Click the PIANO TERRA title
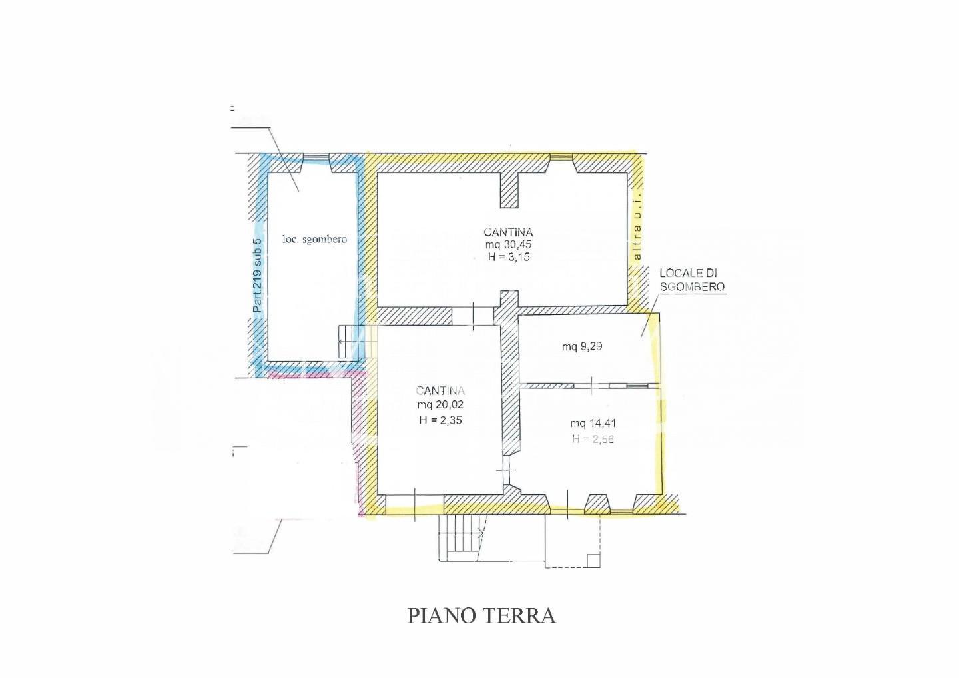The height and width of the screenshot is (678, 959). click(x=481, y=616)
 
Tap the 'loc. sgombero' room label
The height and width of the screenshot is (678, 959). click(x=314, y=239)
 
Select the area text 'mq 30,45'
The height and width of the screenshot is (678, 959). click(x=508, y=245)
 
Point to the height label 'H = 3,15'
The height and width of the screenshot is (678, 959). click(x=509, y=257)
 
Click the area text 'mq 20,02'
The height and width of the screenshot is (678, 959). click(x=440, y=404)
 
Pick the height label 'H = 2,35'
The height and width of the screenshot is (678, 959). click(x=441, y=420)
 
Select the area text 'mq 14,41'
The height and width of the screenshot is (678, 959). click(x=593, y=424)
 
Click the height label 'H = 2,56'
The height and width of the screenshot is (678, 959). click(x=593, y=439)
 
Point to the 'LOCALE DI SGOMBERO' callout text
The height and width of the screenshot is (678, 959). click(x=692, y=280)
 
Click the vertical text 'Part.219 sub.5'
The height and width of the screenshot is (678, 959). click(x=257, y=275)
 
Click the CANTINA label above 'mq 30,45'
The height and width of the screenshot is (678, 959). click(x=508, y=232)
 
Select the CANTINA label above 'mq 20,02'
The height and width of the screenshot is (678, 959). click(x=440, y=391)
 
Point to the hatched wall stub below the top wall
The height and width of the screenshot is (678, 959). click(x=509, y=190)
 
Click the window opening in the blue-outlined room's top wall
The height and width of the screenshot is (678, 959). click(x=316, y=157)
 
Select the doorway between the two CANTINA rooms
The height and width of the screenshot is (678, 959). click(x=473, y=316)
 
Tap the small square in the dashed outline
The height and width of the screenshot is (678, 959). click(x=593, y=560)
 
